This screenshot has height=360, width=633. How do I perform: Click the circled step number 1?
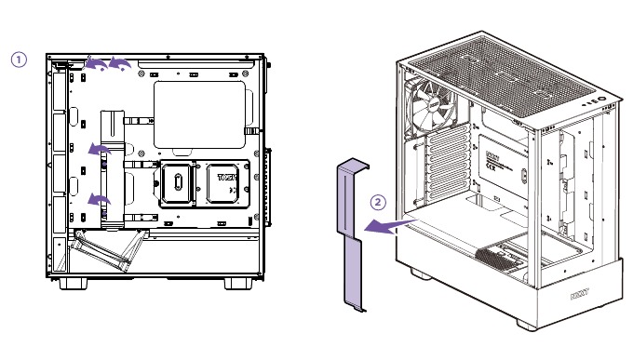(19, 59)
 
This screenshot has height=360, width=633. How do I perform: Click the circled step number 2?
(377, 201)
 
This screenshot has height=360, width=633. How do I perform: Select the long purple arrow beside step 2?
(385, 225)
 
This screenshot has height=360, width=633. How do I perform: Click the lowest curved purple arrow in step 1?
(97, 199)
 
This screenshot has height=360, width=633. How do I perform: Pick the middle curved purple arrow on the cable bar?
(97, 149)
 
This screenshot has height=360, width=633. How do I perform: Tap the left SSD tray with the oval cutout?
(176, 185)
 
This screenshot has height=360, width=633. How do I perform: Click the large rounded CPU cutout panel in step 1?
(199, 114)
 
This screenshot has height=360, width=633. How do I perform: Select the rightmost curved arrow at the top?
(119, 62)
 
